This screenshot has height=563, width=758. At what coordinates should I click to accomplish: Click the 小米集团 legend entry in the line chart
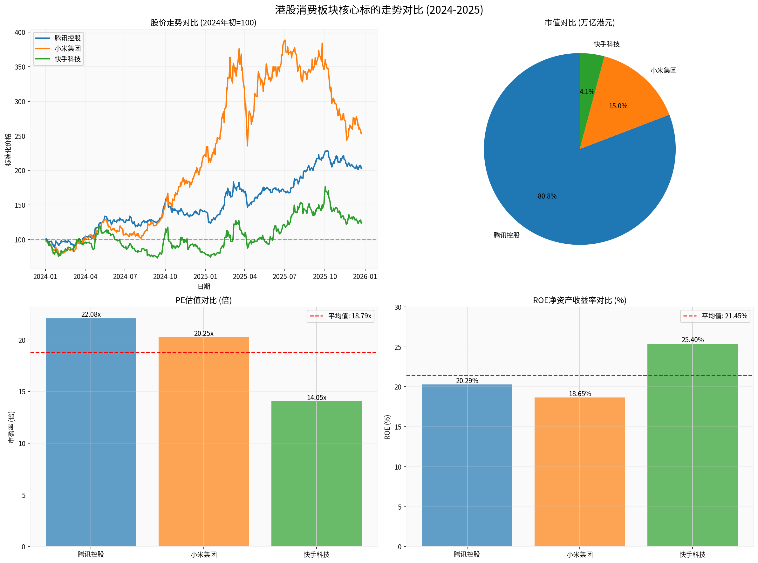tap(67, 48)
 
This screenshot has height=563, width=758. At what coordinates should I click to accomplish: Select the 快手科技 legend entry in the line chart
tap(67, 59)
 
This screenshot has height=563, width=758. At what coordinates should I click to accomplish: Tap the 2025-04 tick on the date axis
tap(245, 276)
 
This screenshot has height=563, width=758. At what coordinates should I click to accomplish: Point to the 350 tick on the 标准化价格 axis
tap(20, 67)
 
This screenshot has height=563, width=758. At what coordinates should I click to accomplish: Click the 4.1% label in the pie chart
tap(587, 92)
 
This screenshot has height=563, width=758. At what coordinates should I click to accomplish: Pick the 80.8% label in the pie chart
tap(547, 196)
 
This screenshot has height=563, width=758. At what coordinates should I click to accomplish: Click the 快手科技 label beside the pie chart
tap(607, 44)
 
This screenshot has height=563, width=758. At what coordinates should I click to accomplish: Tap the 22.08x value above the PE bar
tap(91, 315)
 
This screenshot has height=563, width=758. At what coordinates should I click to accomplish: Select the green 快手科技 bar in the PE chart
tap(316, 474)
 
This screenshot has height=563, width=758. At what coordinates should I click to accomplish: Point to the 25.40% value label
tap(692, 340)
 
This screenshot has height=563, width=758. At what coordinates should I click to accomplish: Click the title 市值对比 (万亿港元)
tap(579, 23)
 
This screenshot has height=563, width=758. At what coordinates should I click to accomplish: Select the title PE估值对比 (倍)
tap(203, 300)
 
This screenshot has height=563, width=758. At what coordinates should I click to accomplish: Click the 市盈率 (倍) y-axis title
tap(11, 427)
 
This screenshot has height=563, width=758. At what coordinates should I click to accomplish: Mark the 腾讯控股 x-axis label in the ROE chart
tap(467, 554)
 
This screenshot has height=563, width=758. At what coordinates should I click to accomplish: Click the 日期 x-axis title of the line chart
tap(204, 287)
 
